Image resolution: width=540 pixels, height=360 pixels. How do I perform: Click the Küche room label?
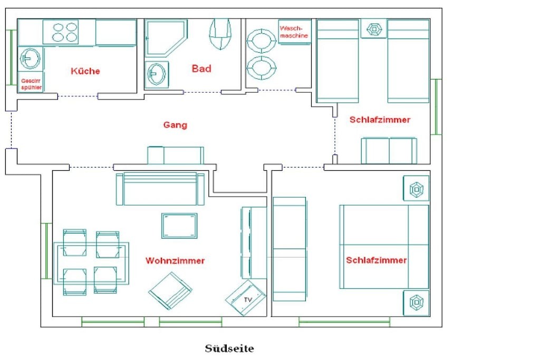point(85,71)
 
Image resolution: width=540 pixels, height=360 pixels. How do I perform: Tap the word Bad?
point(201,69)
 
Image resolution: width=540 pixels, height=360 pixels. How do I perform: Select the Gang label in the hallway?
point(175,124)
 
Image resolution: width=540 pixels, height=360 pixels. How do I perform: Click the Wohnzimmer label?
point(175,260)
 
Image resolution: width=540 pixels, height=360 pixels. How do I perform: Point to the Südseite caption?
point(229,348)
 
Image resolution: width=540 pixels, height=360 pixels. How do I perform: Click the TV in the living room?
point(246,298)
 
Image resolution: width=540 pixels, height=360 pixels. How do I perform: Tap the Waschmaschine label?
point(294,32)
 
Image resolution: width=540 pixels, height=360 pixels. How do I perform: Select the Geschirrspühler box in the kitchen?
point(31,82)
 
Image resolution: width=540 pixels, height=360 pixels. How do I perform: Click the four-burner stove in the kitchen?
point(61,32)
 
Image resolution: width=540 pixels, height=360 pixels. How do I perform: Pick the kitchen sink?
point(30,59)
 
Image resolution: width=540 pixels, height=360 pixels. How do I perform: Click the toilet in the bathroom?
point(220,33)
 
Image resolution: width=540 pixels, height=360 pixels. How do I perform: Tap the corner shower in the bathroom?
point(166,38)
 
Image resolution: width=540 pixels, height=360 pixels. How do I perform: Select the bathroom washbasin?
point(157,74)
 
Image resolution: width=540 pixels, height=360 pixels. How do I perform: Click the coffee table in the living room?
point(179,226)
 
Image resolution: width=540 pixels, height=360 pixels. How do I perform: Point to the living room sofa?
point(160,189)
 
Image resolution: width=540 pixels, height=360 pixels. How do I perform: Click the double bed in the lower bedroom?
point(384,247)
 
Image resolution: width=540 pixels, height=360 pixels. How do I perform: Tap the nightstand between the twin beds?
point(374,29)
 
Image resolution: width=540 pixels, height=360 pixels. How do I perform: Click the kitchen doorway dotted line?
point(78,96)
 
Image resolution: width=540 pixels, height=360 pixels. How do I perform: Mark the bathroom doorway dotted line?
point(202,92)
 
